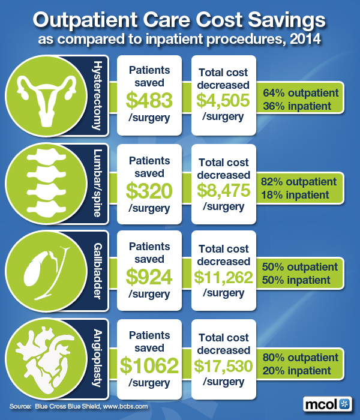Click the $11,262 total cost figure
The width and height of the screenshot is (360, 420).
coord(223,277)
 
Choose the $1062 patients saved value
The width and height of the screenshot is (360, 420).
coord(149,364)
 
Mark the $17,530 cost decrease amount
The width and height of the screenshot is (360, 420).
coord(223,364)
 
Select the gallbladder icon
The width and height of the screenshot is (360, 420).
coord(38,273)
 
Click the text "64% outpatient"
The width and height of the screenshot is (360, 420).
coord(301,93)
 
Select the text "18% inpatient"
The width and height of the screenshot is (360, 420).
coord(295,194)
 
